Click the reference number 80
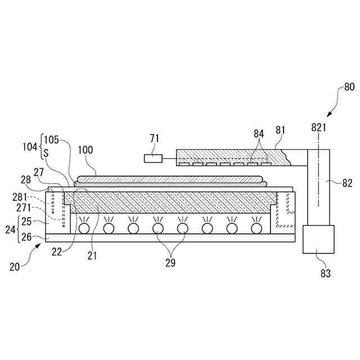[x=349, y=87]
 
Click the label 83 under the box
[x=326, y=273]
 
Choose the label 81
[x=281, y=130]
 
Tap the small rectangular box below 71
[x=152, y=159]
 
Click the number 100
[x=86, y=150]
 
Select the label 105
[x=51, y=139]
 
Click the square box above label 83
[x=318, y=239]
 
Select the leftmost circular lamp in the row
[x=84, y=228]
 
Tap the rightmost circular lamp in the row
[x=256, y=228]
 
